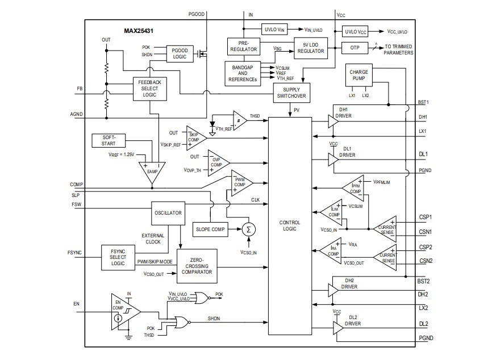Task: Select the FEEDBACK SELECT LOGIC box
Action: click(149, 89)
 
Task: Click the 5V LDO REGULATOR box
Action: click(311, 48)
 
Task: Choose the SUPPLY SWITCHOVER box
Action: click(291, 93)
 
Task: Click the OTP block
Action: click(355, 48)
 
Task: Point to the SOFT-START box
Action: click(109, 140)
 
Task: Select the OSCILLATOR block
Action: click(168, 213)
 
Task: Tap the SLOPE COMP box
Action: click(211, 229)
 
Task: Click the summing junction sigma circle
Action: click(248, 229)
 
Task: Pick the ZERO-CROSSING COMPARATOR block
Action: click(197, 265)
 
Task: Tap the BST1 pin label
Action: click(423, 103)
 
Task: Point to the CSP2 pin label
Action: click(426, 247)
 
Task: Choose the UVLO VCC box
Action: click(356, 32)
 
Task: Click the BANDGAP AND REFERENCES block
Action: click(243, 73)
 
